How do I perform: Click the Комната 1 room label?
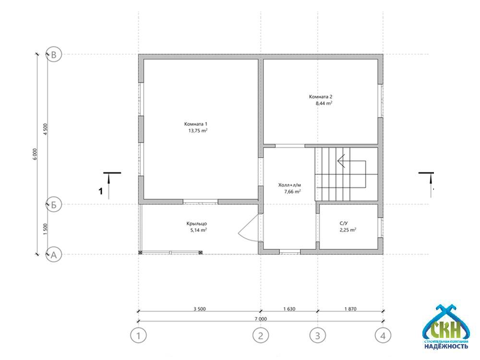coord(196,124)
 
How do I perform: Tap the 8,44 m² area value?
coord(324,103)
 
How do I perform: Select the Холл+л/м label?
coord(289,185)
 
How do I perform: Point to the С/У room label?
coord(344,224)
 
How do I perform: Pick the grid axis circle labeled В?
coord(54,55)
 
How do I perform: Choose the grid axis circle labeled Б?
coord(54,204)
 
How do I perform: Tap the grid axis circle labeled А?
coord(54,255)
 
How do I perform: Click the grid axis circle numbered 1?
coord(138,336)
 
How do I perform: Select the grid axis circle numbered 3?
coord(317,336)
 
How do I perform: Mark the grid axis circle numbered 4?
coord(383,336)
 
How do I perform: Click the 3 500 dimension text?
coord(200,309)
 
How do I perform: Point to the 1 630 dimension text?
coord(289,309)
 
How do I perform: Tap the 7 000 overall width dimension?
coord(261,319)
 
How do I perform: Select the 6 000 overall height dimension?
coord(35,154)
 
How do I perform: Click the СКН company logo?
coord(446,327)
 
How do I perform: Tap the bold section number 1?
coord(100,192)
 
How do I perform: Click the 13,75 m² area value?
coord(198,131)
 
